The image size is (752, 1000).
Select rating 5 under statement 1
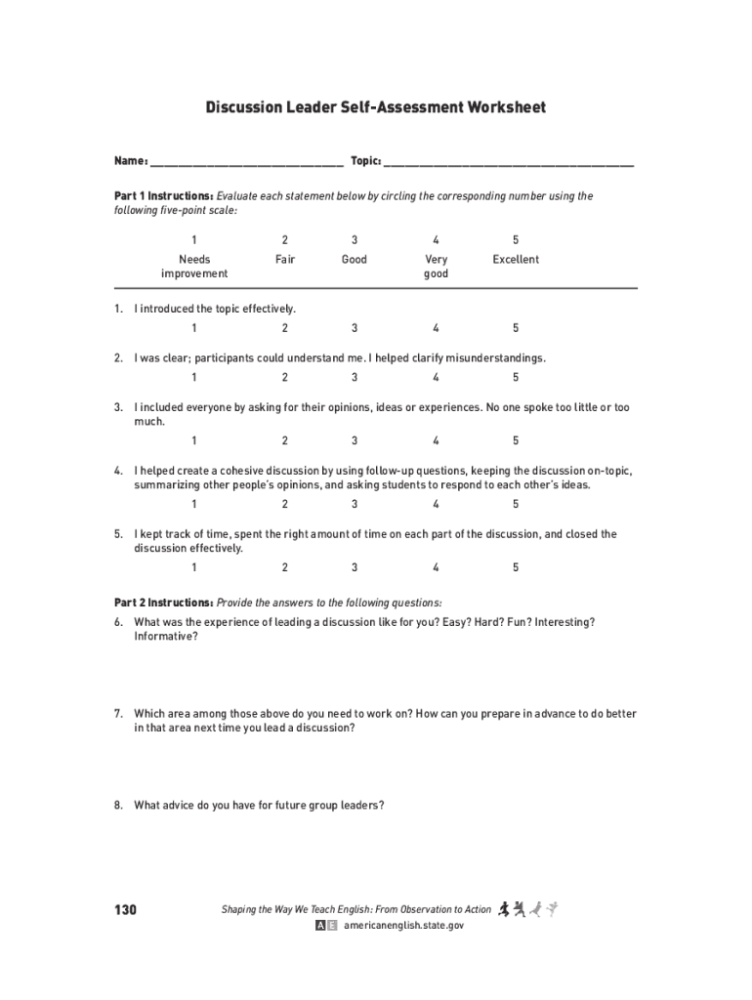[x=516, y=328]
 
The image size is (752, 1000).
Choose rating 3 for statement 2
[x=355, y=377]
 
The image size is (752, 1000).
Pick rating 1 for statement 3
[x=194, y=440]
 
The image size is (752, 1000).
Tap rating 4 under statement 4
[x=436, y=504]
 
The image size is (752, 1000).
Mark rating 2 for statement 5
[x=285, y=567]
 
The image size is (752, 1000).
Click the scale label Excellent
[x=516, y=260]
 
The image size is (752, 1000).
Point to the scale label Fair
[x=285, y=260]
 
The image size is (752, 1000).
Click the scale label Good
[x=355, y=260]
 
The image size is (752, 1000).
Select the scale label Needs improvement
[x=194, y=267]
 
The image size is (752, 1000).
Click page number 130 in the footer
[x=125, y=910]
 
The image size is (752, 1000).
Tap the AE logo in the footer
[x=326, y=926]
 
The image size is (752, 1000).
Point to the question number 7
[x=118, y=714]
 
